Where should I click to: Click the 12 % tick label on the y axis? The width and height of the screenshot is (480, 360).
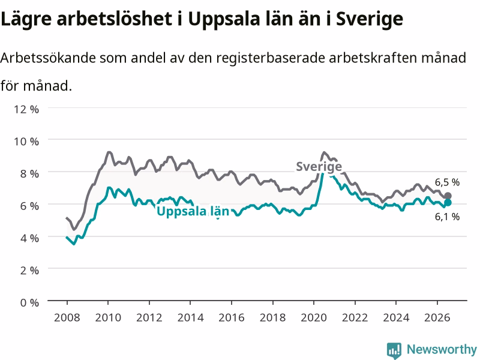pos(26,109)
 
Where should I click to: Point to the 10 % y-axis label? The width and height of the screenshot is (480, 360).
pos(26,142)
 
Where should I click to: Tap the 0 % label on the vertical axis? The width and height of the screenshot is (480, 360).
pos(29,302)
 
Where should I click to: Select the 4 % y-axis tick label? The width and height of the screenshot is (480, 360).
pos(29,238)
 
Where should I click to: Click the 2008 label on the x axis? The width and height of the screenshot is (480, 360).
pos(67,317)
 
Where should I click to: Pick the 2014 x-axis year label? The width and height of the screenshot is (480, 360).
pos(190,317)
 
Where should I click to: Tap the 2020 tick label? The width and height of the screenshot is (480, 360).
pos(314,317)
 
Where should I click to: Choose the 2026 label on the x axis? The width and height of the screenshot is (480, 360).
pos(437,317)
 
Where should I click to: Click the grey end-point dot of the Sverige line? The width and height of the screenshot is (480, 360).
pos(448,196)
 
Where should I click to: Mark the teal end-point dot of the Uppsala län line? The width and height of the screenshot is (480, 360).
pos(448,202)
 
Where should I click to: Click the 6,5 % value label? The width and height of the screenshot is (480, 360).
pos(447,182)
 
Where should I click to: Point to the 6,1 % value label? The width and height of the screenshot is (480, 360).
pos(447,217)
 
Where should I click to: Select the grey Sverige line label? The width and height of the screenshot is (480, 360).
pos(319,167)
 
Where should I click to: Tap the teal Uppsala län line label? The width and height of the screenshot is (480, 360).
pos(193,212)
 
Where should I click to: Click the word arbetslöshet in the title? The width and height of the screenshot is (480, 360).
pos(115,19)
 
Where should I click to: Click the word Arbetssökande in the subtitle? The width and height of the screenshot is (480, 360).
pos(48,58)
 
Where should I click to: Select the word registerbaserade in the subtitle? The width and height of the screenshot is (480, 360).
pos(271,58)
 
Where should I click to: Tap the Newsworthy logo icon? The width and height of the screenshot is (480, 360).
pos(394,350)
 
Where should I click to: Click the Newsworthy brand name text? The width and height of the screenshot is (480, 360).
pos(442,350)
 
